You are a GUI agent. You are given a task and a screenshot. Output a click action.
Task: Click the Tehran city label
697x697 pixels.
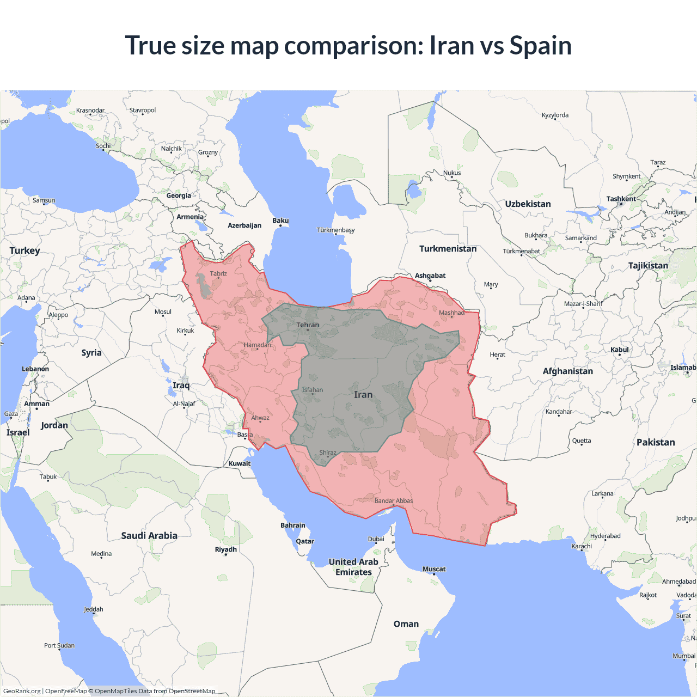pos(308,325)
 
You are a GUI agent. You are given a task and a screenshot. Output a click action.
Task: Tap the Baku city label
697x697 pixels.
pos(280,221)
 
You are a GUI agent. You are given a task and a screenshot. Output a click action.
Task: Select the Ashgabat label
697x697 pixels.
pos(430,276)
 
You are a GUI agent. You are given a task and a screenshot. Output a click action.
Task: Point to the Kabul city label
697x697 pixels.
pos(620,350)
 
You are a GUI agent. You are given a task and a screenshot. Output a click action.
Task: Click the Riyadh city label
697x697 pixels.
pos(225,549)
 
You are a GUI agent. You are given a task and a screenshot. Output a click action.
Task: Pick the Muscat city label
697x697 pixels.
pos(434,569)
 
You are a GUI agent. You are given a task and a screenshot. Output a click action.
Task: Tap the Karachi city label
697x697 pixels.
pos(582,546)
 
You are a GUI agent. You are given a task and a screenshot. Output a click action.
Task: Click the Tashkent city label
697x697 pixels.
pos(621,199)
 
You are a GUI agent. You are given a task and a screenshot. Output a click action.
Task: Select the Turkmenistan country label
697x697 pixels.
pos(448,249)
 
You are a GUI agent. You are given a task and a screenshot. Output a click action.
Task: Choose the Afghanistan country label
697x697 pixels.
pos(567,371)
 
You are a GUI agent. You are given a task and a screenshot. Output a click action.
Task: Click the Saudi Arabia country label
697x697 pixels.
pos(149,536)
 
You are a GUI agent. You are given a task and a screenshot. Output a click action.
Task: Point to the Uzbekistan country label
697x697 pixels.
pos(528,204)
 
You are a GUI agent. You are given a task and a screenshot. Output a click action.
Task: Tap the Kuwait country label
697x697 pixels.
pos(240,464)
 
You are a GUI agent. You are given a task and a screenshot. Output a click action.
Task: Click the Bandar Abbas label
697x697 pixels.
pos(394,501)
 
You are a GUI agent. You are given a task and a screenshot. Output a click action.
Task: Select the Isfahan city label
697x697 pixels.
pos(313,390)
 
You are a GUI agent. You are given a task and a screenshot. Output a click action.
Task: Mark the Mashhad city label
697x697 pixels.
pos(452,313)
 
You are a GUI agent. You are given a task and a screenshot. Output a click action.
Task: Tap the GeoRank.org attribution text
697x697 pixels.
pos(22,691)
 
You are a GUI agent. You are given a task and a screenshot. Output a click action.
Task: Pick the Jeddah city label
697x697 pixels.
pos(94,609)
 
